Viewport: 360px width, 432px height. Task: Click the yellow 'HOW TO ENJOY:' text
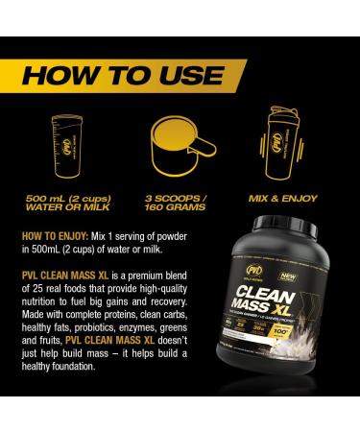click(56, 234)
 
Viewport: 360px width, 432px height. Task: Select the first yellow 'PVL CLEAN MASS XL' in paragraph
click(63, 273)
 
